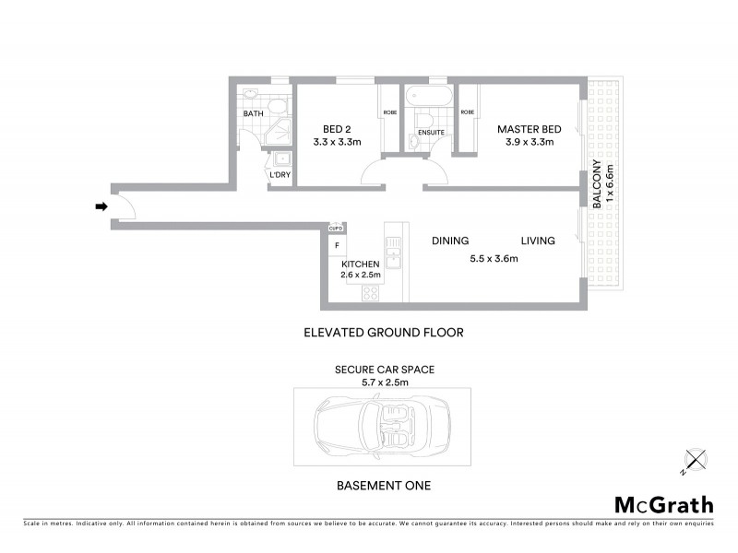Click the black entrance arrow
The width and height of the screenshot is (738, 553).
pyautogui.click(x=101, y=206)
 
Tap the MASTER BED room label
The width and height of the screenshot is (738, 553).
pyautogui.click(x=525, y=129)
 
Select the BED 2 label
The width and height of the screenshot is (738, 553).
pyautogui.click(x=337, y=129)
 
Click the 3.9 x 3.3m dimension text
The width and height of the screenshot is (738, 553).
pyautogui.click(x=525, y=143)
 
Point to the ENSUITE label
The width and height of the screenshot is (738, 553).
pyautogui.click(x=431, y=133)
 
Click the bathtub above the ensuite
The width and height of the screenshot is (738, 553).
pyautogui.click(x=427, y=97)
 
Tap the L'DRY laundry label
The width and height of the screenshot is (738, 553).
pyautogui.click(x=279, y=174)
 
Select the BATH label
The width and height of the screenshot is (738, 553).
pyautogui.click(x=253, y=114)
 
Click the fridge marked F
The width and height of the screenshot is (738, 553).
pyautogui.click(x=338, y=246)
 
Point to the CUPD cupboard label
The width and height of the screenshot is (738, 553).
pyautogui.click(x=337, y=228)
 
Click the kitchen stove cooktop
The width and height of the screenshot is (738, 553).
pyautogui.click(x=371, y=294)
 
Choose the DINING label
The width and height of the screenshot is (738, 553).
pyautogui.click(x=450, y=241)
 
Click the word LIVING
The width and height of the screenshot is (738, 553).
pyautogui.click(x=537, y=241)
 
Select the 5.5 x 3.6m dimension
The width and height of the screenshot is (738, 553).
pyautogui.click(x=494, y=259)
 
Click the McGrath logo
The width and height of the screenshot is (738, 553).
pyautogui.click(x=663, y=504)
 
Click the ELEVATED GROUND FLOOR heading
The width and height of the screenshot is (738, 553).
pyautogui.click(x=383, y=333)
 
